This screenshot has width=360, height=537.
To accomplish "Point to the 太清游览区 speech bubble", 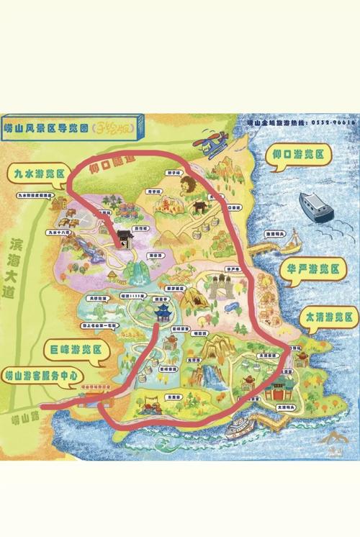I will click(328, 317).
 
